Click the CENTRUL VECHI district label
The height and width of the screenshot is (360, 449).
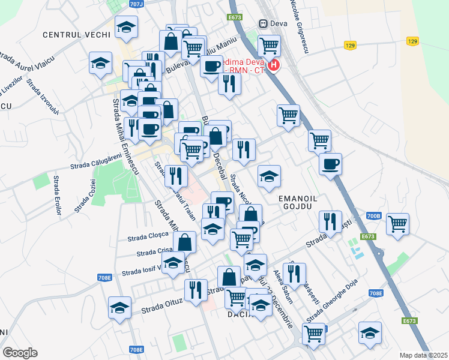[x=77, y=35]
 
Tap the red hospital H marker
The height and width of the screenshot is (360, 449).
[x=274, y=65]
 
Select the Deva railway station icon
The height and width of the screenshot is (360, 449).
[x=263, y=23]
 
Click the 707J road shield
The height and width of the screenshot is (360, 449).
[x=136, y=4]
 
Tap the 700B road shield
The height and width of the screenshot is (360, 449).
[x=373, y=215]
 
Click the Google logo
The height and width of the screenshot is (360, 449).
[x=20, y=353]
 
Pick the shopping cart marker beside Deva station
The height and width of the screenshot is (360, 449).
[x=269, y=44]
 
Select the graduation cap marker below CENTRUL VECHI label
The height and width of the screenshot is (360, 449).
[x=127, y=27]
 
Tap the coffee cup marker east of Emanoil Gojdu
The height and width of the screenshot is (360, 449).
[x=330, y=164]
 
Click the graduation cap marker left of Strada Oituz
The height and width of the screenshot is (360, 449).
[x=119, y=308]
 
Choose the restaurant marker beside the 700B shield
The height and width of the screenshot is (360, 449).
[x=331, y=221]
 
